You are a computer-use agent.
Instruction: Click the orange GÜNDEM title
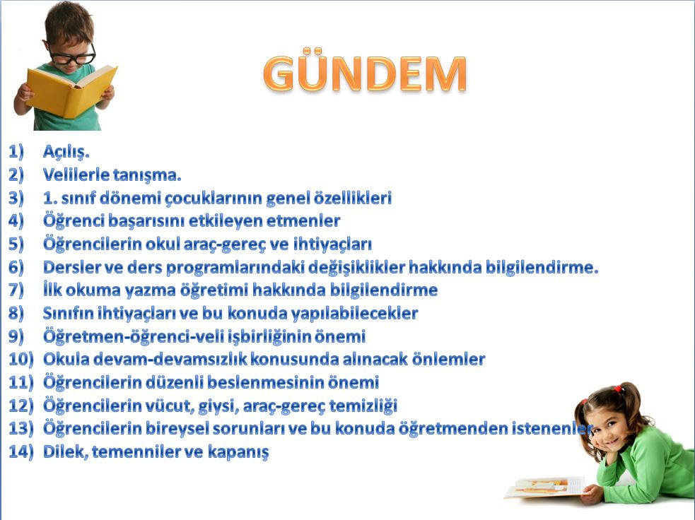(364, 73)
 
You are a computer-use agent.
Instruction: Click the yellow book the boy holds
(71, 91)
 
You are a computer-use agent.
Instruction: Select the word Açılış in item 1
(66, 152)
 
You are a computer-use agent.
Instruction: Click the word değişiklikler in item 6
(356, 268)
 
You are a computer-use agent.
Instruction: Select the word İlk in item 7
(52, 290)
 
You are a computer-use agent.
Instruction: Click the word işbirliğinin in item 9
(269, 336)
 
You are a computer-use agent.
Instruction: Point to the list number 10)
(21, 359)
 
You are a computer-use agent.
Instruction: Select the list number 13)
(21, 428)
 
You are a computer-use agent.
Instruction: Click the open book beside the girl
(545, 487)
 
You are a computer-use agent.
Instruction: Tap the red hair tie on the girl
(618, 389)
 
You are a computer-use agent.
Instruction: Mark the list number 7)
(16, 290)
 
